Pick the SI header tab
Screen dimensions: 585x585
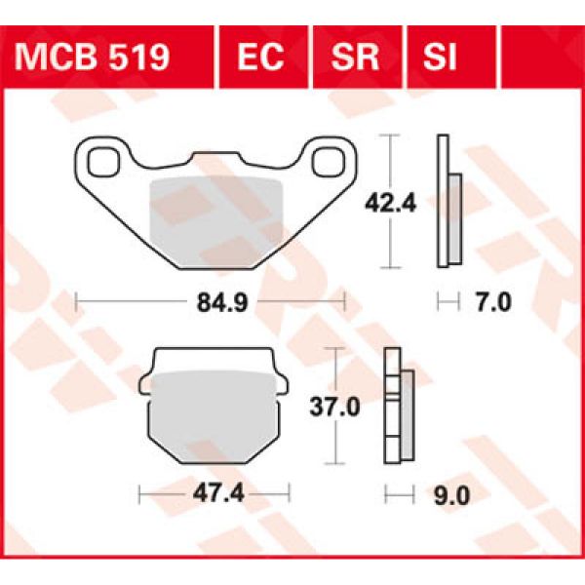440,58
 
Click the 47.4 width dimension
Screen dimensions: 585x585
214,494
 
